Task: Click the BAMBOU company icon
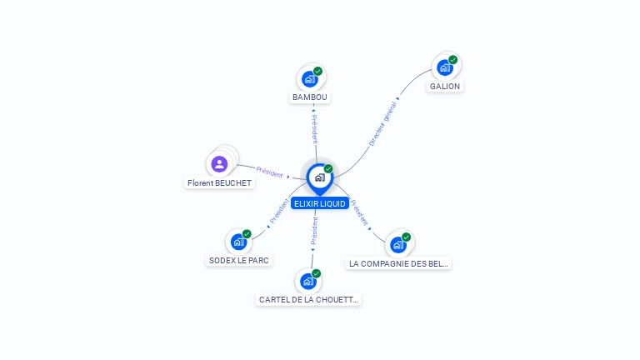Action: (310, 79)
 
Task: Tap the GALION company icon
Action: (445, 67)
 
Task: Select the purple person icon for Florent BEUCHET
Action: (219, 163)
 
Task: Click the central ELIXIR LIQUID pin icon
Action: (319, 177)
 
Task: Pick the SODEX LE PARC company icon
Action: (239, 242)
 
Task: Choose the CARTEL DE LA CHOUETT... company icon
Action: (308, 282)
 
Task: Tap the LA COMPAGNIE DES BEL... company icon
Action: (398, 245)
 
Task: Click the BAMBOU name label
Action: (310, 97)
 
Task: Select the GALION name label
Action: (445, 86)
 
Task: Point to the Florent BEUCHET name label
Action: (219, 182)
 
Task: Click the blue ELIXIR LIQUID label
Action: (320, 203)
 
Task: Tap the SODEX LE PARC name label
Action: (239, 260)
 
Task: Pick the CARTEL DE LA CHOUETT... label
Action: (308, 299)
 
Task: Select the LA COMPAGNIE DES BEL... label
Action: (398, 263)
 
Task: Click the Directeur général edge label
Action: (383, 124)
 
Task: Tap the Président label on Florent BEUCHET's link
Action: (270, 172)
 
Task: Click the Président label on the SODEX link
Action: (278, 212)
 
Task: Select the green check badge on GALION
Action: (453, 59)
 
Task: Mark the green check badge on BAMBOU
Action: (318, 71)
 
